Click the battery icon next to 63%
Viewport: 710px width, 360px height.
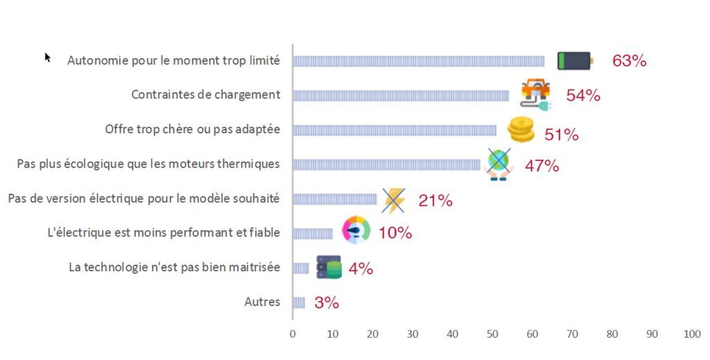[x=575, y=61]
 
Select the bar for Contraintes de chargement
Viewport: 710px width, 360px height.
[x=400, y=96]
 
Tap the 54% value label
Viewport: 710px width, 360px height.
[x=583, y=96]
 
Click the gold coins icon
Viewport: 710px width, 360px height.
[x=521, y=129]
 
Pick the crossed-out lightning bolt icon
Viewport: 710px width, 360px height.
[x=394, y=200]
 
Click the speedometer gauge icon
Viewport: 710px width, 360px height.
[x=356, y=231]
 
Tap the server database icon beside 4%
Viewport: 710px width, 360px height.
[x=329, y=267]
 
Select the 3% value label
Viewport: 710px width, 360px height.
[x=326, y=302]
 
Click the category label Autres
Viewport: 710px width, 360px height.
[x=262, y=302]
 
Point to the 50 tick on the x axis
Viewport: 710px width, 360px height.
[x=492, y=334]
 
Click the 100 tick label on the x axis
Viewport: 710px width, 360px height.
[x=692, y=334]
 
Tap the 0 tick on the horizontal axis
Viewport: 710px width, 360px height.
[x=293, y=334]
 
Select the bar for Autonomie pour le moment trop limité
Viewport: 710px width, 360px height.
[x=418, y=61]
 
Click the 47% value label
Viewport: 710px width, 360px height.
[x=542, y=166]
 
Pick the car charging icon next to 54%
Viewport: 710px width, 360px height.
[x=536, y=94]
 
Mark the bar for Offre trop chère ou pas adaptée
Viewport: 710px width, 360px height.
[x=394, y=130]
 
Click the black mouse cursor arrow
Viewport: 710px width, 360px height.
[x=48, y=58]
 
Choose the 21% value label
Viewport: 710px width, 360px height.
[x=435, y=201]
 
